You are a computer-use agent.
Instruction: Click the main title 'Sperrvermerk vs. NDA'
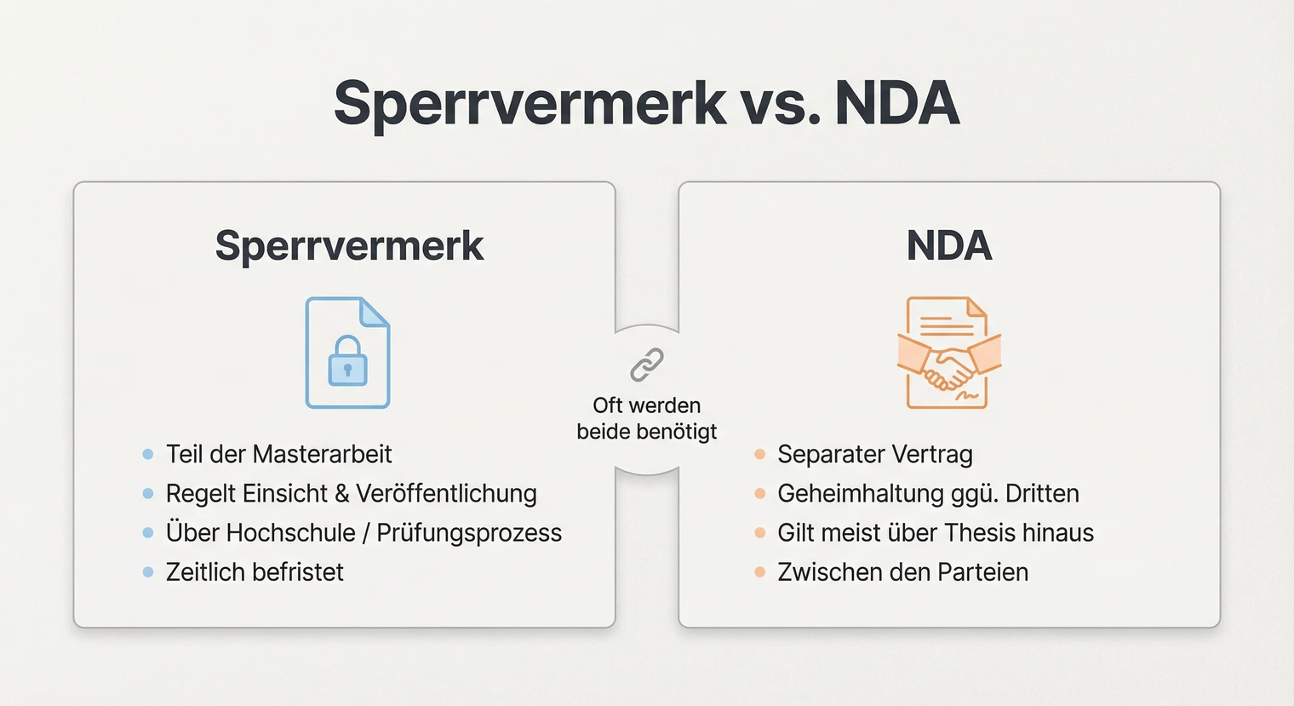646,103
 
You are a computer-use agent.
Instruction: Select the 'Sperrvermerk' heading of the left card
349,246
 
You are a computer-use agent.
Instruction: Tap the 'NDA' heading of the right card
949,246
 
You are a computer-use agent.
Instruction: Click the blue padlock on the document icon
347,361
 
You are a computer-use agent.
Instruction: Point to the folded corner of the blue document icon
375,311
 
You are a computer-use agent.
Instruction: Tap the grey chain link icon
647,364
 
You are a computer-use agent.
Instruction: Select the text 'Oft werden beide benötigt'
647,418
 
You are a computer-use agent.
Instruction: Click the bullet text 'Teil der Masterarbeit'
278,454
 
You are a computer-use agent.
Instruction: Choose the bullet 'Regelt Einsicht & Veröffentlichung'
351,493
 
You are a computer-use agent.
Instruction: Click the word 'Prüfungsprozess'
469,533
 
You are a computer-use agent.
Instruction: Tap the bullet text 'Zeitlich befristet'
255,572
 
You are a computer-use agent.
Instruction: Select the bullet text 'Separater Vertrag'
874,454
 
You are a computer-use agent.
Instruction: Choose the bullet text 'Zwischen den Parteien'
902,572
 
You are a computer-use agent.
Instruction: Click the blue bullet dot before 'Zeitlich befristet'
148,572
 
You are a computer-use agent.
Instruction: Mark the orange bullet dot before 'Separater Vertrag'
759,454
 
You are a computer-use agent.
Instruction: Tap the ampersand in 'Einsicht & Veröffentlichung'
342,494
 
